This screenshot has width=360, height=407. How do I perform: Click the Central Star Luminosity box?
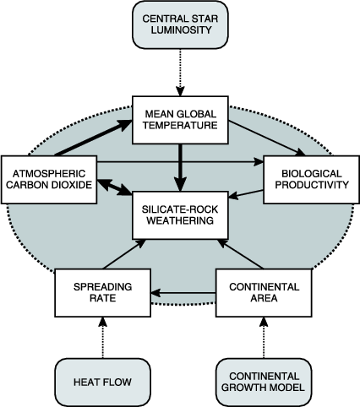point(180,24)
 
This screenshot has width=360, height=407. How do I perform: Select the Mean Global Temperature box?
point(180,120)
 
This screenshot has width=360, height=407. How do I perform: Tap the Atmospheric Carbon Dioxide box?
point(49,180)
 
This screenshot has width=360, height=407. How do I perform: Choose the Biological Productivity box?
point(312,180)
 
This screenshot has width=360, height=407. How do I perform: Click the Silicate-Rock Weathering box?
point(180,215)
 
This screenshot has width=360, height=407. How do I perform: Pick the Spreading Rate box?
point(103,293)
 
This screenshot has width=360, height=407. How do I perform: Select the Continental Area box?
point(264,293)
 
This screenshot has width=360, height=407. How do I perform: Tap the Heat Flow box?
point(103,383)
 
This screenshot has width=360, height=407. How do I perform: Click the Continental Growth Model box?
point(264,383)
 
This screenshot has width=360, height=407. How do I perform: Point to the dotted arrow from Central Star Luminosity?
point(180,73)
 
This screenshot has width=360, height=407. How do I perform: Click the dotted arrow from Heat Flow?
point(103,338)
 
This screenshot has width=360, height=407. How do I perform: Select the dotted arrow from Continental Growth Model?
point(264,338)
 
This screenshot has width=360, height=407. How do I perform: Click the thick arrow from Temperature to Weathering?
point(180,168)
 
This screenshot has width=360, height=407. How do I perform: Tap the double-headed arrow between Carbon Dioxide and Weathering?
point(115,187)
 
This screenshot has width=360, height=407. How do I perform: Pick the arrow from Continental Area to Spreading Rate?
point(183,293)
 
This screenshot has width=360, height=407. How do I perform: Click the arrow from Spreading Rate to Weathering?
point(124,254)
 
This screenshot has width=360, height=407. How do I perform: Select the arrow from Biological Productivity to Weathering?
point(246,194)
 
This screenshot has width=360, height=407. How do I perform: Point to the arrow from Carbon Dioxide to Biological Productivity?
point(180,162)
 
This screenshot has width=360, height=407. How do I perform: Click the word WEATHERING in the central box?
point(180,220)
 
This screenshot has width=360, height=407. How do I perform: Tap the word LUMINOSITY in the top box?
point(181,30)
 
